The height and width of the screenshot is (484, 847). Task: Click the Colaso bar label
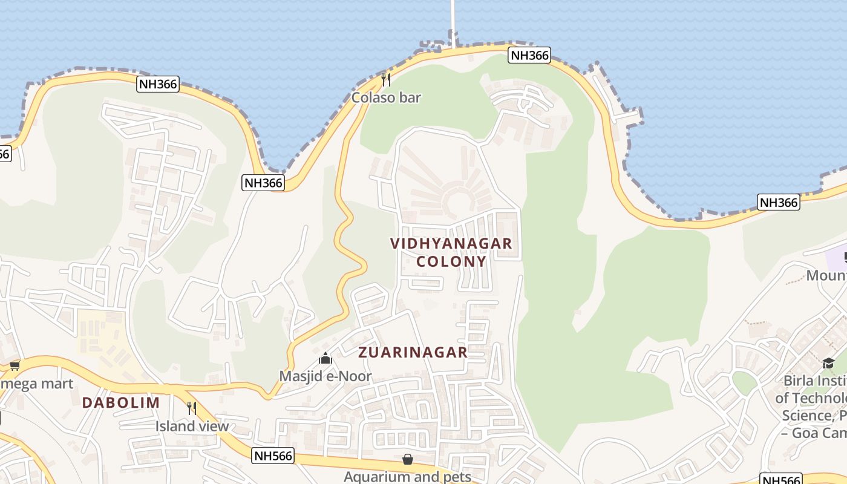[386, 97]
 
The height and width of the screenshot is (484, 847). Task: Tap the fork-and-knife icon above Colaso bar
[386, 79]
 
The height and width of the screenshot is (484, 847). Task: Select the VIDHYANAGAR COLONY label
[451, 252]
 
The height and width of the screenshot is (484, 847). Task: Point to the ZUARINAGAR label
[413, 352]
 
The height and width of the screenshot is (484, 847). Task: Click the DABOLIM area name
[121, 402]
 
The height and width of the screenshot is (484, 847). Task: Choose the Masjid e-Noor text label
[325, 376]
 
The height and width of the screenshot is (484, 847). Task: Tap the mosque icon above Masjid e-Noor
[325, 359]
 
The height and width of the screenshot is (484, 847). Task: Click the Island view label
[192, 426]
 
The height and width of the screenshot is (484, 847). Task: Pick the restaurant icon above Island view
[192, 408]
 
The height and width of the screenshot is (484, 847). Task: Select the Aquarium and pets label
[407, 477]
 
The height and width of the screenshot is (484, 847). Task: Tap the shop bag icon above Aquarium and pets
[408, 460]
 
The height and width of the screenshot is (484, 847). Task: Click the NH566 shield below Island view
[273, 456]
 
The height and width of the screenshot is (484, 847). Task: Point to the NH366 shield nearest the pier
[529, 56]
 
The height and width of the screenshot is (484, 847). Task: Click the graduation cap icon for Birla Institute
[828, 363]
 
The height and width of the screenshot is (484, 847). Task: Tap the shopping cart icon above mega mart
[15, 365]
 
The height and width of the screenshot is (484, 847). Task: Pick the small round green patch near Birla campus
[744, 382]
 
